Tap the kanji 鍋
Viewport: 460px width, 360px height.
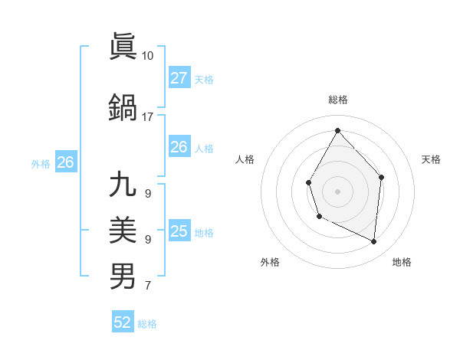pyautogui.click(x=123, y=106)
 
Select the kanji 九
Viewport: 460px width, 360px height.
pyautogui.click(x=123, y=185)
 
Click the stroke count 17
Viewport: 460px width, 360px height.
pyautogui.click(x=148, y=117)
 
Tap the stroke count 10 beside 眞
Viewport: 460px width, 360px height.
pyautogui.click(x=148, y=56)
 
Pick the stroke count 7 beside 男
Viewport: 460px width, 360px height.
pyautogui.click(x=147, y=286)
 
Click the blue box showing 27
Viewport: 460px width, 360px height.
pyautogui.click(x=179, y=78)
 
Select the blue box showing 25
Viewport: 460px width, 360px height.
pyautogui.click(x=179, y=231)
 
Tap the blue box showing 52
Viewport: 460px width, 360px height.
pyautogui.click(x=123, y=322)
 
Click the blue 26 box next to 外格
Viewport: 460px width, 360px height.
pyautogui.click(x=65, y=162)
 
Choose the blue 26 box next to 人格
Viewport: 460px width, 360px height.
pyautogui.click(x=179, y=147)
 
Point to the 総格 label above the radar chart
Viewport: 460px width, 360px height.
pyautogui.click(x=337, y=100)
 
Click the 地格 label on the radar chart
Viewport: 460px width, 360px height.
pyautogui.click(x=402, y=262)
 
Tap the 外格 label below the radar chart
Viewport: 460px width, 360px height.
pyautogui.click(x=270, y=262)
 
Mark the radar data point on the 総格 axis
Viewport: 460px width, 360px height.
pyautogui.click(x=337, y=130)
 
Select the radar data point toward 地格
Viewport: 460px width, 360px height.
pyautogui.click(x=374, y=241)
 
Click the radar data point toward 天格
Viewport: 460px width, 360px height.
pyautogui.click(x=382, y=177)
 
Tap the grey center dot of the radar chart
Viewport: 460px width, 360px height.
pyautogui.click(x=337, y=191)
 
